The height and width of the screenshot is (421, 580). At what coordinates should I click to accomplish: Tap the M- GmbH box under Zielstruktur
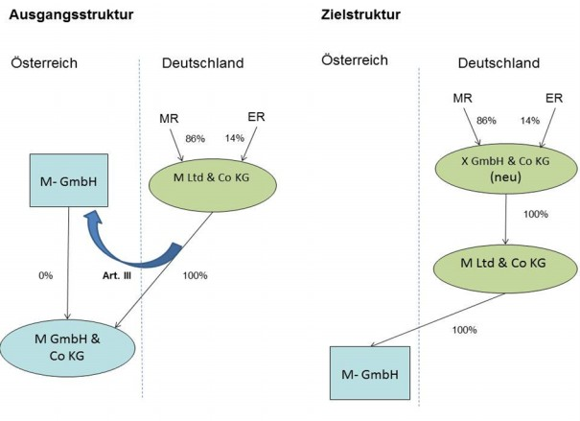370,372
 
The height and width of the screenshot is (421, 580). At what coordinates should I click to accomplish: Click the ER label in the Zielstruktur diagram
553,98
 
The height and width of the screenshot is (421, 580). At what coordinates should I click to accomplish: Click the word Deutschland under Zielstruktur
499,63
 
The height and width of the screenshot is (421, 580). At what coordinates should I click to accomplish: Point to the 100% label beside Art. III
197,277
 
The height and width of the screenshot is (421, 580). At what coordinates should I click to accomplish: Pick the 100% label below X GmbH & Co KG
534,214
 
